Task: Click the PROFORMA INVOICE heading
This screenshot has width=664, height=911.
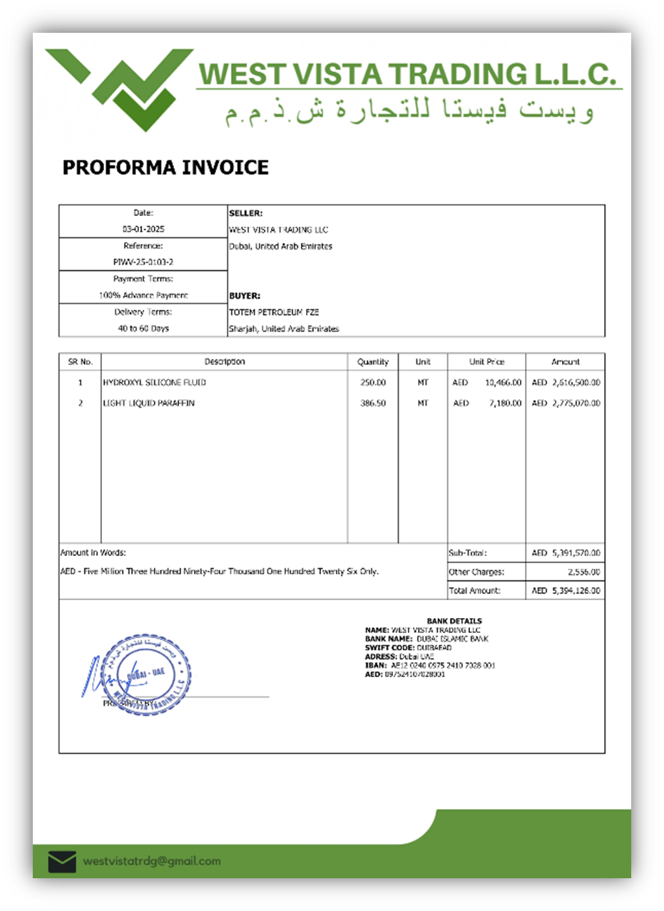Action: pos(165,168)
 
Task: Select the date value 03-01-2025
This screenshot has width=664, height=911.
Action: pos(143,230)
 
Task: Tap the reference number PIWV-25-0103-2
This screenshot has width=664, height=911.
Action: pos(143,262)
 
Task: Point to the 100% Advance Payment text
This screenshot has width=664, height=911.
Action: pos(143,295)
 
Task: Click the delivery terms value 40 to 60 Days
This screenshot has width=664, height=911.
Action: pos(143,329)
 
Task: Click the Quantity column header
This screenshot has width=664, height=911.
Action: pos(373,362)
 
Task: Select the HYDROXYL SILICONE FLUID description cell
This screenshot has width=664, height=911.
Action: pos(154,383)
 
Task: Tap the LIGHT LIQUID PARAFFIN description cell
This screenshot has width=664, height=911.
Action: pos(148,403)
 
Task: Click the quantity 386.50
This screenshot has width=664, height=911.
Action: pos(373,403)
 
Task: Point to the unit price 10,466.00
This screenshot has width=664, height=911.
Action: pos(503,383)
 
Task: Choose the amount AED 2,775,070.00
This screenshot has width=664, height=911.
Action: pos(566,403)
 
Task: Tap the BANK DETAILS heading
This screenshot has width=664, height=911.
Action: pos(454,621)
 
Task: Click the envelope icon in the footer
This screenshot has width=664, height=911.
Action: pos(62,862)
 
